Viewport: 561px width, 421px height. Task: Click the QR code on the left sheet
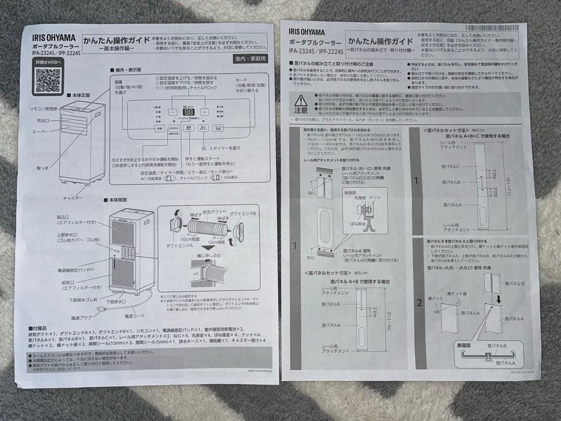pos(48,79)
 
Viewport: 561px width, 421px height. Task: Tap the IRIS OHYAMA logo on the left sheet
pos(54,38)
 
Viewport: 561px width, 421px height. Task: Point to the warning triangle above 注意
pos(301,101)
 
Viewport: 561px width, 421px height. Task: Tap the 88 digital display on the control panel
pos(189,112)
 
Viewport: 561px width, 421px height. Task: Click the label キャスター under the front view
pos(73,198)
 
